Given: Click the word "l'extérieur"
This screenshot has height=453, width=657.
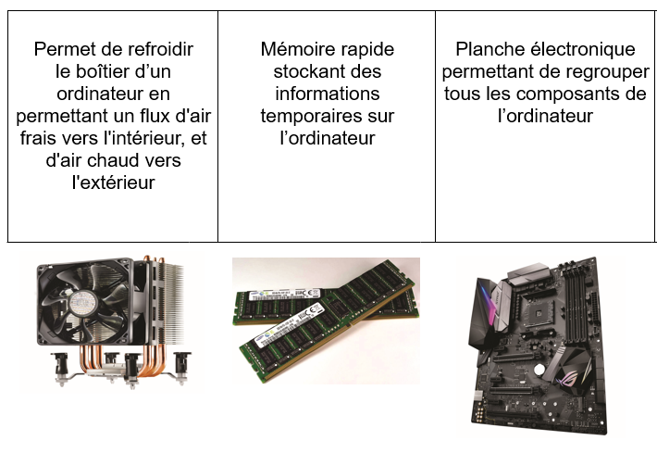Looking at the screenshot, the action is click(114, 182).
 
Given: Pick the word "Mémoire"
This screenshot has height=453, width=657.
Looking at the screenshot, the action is click(291, 49).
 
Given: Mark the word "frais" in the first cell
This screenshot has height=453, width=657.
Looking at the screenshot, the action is click(40, 138).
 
